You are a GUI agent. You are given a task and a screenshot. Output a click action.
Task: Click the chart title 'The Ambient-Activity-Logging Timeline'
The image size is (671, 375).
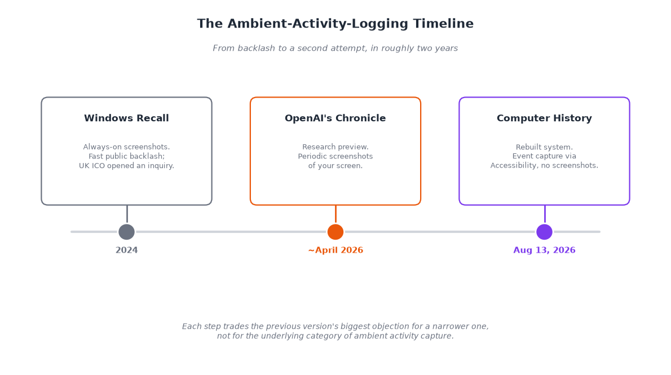pos(335,24)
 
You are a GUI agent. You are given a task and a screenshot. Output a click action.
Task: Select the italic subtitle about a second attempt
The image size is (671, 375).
pos(335,48)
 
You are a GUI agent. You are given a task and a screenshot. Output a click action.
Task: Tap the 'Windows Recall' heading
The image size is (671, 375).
pos(126,118)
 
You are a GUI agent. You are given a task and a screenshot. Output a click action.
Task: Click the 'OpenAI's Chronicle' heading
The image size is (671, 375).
pos(335,118)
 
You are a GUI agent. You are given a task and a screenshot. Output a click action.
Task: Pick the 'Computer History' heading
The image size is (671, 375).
pos(544,118)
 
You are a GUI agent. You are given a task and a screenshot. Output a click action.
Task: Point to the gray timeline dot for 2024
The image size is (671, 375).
pos(126,232)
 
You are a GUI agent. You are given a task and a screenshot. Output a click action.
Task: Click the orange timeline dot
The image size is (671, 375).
pos(335,232)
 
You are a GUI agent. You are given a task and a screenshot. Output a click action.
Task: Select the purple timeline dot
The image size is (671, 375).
pos(544,232)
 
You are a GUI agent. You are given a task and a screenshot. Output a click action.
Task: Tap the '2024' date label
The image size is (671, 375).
pos(126,250)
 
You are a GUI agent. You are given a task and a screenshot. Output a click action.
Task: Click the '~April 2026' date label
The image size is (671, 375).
pos(335,250)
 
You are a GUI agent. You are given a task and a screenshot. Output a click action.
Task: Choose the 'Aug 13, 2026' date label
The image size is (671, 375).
pos(544,250)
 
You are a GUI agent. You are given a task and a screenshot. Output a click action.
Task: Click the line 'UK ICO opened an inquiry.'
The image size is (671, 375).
pos(126,166)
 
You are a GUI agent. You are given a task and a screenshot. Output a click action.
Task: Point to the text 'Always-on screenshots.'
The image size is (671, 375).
pos(126,147)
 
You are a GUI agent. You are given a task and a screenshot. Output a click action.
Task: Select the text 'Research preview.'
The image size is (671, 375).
pos(335,147)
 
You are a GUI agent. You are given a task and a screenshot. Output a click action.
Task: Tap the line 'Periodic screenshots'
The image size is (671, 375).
pos(335,156)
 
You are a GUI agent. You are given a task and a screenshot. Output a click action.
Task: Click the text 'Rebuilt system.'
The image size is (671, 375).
pos(544,147)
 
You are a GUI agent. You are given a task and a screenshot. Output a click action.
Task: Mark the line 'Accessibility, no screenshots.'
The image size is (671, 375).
pos(544,165)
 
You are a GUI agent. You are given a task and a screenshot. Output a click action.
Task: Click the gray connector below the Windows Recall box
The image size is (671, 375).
pos(127,214)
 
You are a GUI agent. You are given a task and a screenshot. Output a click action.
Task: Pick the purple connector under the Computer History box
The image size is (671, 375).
pos(545,214)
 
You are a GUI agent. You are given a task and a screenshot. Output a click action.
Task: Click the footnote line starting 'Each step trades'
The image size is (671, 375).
pos(335,326)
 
